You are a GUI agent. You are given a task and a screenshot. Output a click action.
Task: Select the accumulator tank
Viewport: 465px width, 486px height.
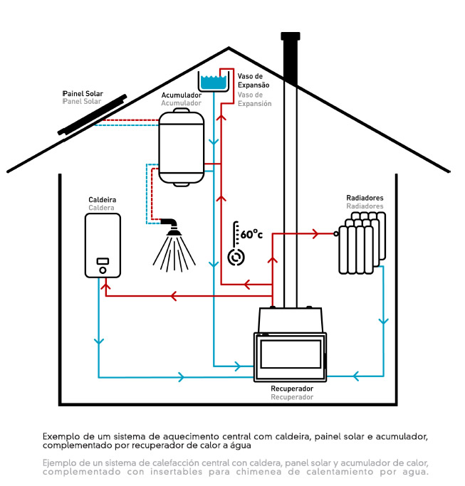click(181, 146)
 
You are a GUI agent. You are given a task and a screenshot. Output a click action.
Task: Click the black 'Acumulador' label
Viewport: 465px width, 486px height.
click(181, 95)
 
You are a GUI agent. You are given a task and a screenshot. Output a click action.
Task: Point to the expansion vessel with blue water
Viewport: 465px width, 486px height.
click(212, 82)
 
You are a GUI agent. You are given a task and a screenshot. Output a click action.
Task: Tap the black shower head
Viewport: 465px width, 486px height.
click(172, 227)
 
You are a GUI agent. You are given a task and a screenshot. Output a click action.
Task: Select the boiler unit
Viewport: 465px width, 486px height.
click(103, 246)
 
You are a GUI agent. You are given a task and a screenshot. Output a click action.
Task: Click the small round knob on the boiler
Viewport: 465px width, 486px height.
click(103, 270)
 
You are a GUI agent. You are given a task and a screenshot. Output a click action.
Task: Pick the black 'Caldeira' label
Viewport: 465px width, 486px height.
click(102, 200)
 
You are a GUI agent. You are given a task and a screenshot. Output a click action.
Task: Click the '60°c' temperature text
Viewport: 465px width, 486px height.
click(251, 234)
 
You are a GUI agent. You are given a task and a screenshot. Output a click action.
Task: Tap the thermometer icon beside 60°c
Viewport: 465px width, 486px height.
click(236, 234)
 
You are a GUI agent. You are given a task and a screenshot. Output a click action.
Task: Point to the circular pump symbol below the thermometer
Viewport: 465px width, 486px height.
click(235, 257)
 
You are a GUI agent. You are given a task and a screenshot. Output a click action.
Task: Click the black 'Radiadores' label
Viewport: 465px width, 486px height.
click(365, 198)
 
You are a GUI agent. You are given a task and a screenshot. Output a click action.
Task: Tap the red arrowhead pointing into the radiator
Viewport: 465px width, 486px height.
click(314, 233)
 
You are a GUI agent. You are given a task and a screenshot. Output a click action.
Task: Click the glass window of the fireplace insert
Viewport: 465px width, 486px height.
click(289, 353)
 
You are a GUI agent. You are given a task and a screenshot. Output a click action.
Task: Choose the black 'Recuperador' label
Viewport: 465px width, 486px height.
click(292, 389)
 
